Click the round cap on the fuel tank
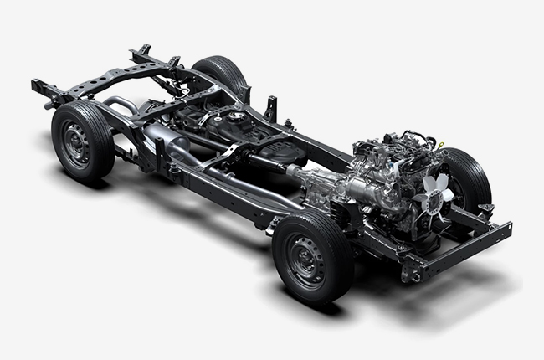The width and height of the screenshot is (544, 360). pyautogui.click(x=238, y=116)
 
